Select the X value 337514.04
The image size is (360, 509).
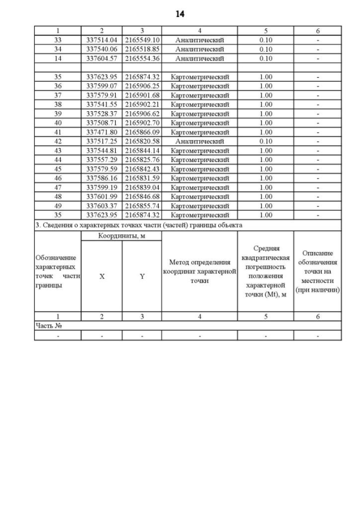(101, 40)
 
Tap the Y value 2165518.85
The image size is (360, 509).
(142, 49)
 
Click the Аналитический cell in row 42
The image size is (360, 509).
(200, 141)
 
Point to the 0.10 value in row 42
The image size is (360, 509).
(265, 141)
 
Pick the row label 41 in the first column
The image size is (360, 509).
(57, 132)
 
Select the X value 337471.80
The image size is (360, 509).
(101, 132)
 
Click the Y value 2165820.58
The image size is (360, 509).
(142, 141)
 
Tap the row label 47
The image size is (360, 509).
(57, 187)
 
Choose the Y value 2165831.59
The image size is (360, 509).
(142, 178)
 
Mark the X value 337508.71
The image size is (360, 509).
(101, 123)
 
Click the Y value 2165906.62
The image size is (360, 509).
(142, 114)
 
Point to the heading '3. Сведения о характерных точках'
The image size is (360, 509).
(138, 225)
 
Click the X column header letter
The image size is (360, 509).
(101, 277)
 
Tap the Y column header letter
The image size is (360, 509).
(142, 277)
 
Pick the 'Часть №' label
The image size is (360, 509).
(48, 325)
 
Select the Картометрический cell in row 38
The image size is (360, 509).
(200, 105)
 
